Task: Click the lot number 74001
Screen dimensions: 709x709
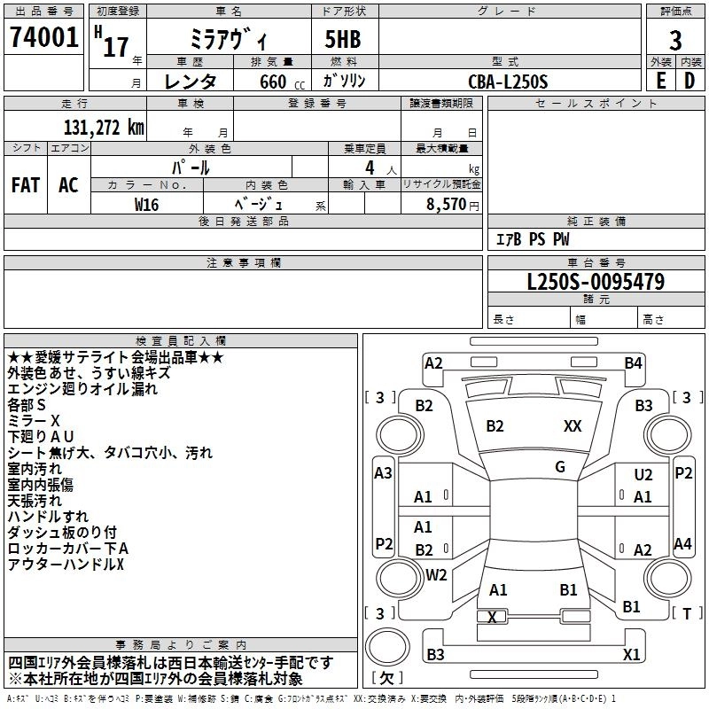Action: [43, 36]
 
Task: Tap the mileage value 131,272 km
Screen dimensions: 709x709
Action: [104, 128]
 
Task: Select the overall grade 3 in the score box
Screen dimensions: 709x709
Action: [675, 40]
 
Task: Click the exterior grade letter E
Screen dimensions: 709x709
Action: [660, 81]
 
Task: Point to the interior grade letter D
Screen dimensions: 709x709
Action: [690, 81]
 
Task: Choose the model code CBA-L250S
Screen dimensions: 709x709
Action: [508, 82]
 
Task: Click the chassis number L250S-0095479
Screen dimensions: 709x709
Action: [596, 282]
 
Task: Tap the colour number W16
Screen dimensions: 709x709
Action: [146, 205]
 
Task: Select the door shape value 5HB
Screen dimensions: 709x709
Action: [343, 39]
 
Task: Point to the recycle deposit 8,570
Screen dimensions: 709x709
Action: [447, 204]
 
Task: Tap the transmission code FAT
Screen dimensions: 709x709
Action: [26, 184]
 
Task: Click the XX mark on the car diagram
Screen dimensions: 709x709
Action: [573, 425]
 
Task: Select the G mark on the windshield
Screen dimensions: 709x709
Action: [560, 466]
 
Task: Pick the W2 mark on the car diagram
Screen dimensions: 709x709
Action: [436, 574]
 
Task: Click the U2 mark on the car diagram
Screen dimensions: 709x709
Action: [643, 474]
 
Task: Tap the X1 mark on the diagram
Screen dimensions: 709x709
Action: [631, 654]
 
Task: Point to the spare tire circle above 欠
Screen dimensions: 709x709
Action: [387, 647]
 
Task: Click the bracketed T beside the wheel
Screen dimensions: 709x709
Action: [687, 613]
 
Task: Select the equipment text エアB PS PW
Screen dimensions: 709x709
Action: [533, 239]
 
